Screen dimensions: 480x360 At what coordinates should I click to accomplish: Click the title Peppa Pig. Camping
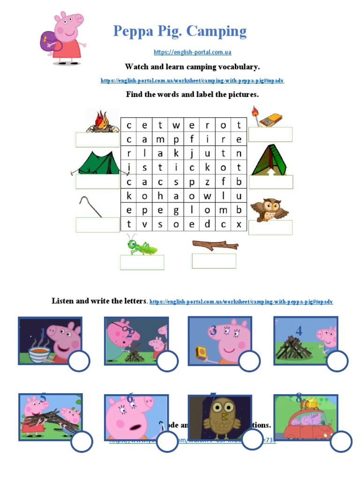(x=180, y=31)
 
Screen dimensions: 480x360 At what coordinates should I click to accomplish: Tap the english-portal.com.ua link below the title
(x=192, y=52)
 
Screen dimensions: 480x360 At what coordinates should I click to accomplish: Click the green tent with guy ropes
(x=96, y=163)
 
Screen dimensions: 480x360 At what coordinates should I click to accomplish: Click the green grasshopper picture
(x=140, y=245)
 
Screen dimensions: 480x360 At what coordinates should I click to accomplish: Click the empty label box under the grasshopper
(x=142, y=262)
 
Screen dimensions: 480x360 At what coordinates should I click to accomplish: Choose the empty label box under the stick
(x=214, y=261)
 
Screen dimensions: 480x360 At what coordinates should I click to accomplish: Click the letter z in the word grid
(x=207, y=182)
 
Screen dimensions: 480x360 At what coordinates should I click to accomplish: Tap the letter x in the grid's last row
(x=239, y=225)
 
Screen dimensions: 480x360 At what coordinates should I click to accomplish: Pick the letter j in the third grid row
(x=192, y=153)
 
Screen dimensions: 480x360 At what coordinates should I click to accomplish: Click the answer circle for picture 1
(x=79, y=361)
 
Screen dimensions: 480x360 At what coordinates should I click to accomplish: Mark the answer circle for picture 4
(x=337, y=361)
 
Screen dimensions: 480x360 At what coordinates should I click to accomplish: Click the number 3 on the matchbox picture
(x=213, y=331)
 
